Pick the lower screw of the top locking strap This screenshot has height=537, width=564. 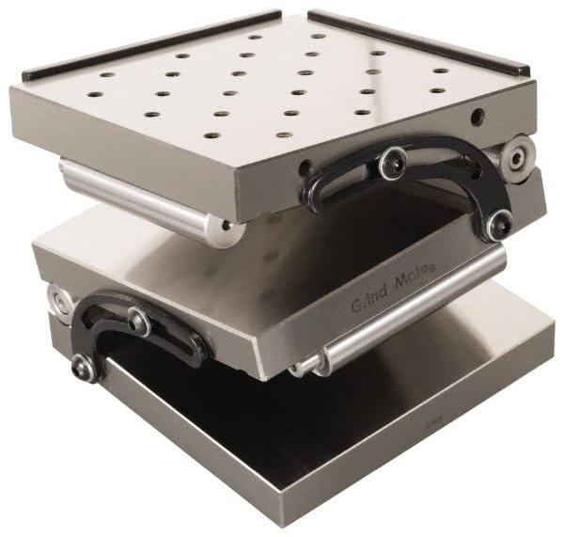coord(499,224)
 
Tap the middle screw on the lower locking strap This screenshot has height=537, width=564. coord(139,322)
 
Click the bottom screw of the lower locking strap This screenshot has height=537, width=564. coord(84,369)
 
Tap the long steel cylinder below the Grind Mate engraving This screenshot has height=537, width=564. coord(414,310)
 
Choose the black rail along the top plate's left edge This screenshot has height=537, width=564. coord(150,45)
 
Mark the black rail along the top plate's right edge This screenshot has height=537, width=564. coord(418,42)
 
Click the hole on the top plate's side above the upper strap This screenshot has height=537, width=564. coord(478,117)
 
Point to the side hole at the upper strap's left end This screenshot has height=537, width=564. coord(305,169)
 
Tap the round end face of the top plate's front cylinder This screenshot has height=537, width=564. coord(226,231)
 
